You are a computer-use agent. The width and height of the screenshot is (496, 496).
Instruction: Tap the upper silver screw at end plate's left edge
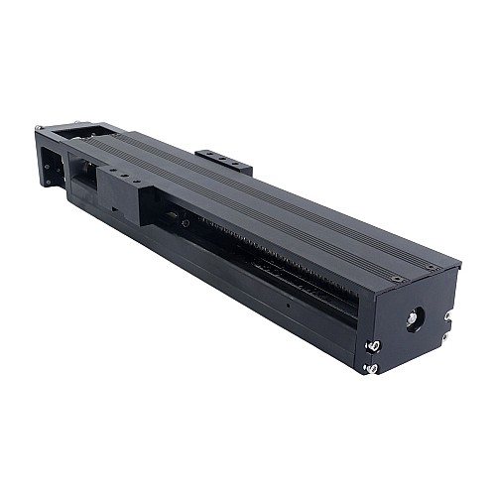pos(376,345)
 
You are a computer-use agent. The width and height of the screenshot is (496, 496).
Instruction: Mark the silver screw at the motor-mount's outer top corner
pos(39,128)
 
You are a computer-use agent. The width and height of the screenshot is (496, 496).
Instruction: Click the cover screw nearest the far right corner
pos(430,267)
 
